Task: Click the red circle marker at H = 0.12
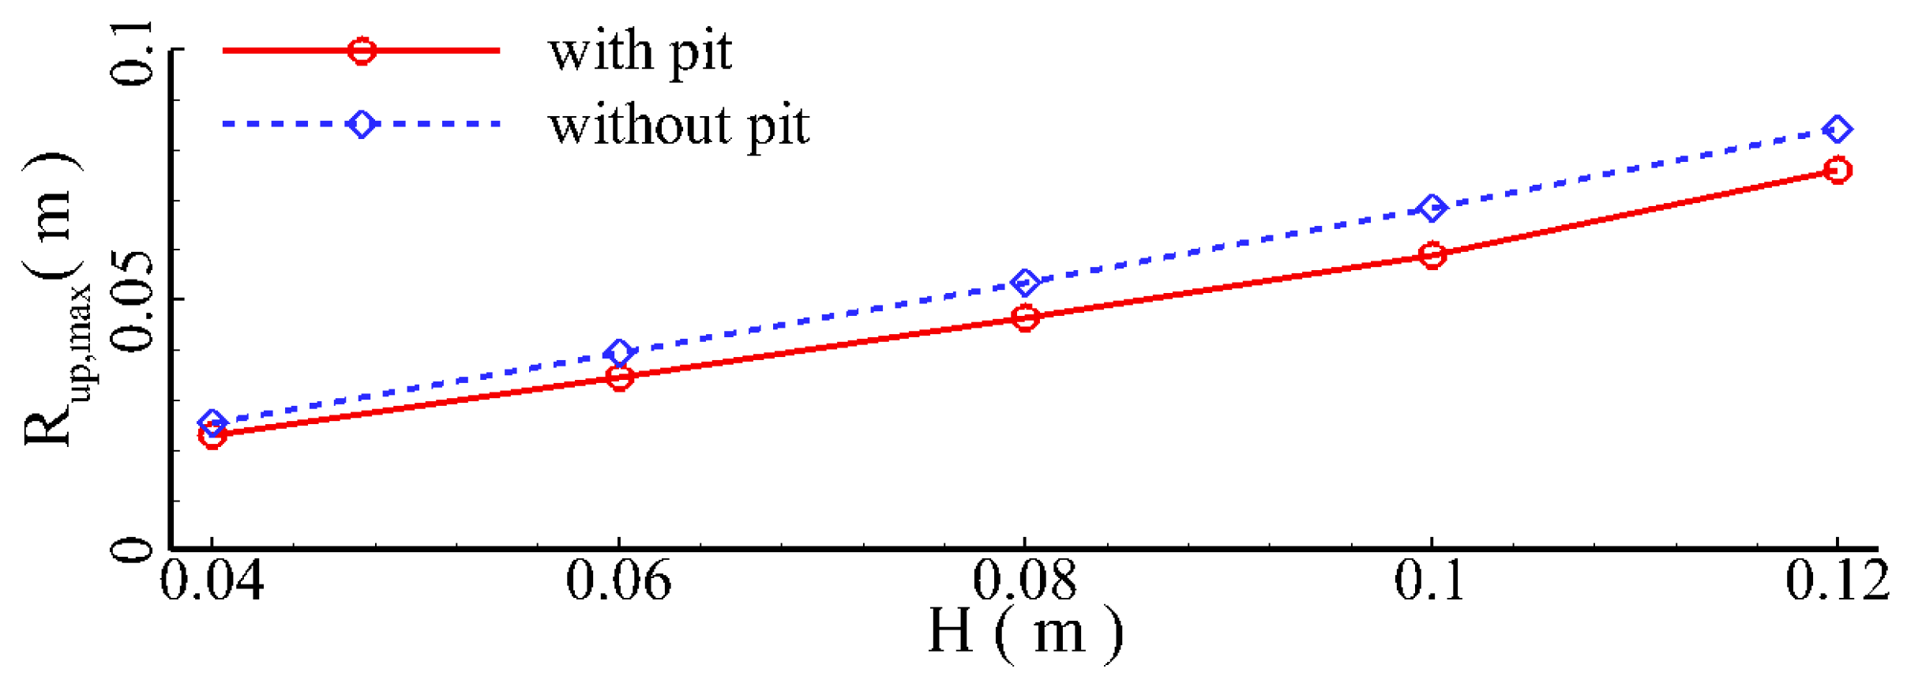pyautogui.click(x=1838, y=170)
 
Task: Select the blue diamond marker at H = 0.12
pyautogui.click(x=1838, y=129)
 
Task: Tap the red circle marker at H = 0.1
pyautogui.click(x=1432, y=254)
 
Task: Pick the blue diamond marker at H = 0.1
pyautogui.click(x=1432, y=209)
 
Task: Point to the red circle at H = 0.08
pyautogui.click(x=1025, y=317)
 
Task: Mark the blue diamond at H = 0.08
pyautogui.click(x=1025, y=282)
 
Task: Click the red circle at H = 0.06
pyautogui.click(x=620, y=378)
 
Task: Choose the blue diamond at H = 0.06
pyautogui.click(x=620, y=352)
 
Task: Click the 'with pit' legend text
pyautogui.click(x=640, y=52)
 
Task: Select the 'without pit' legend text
pyautogui.click(x=679, y=126)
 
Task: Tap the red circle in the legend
pyautogui.click(x=362, y=51)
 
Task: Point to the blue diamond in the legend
pyautogui.click(x=362, y=124)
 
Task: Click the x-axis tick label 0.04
pyautogui.click(x=212, y=580)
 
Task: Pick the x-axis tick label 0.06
pyautogui.click(x=618, y=580)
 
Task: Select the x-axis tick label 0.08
pyautogui.click(x=1024, y=580)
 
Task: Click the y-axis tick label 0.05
pyautogui.click(x=132, y=300)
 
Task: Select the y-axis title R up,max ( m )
pyautogui.click(x=55, y=300)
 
